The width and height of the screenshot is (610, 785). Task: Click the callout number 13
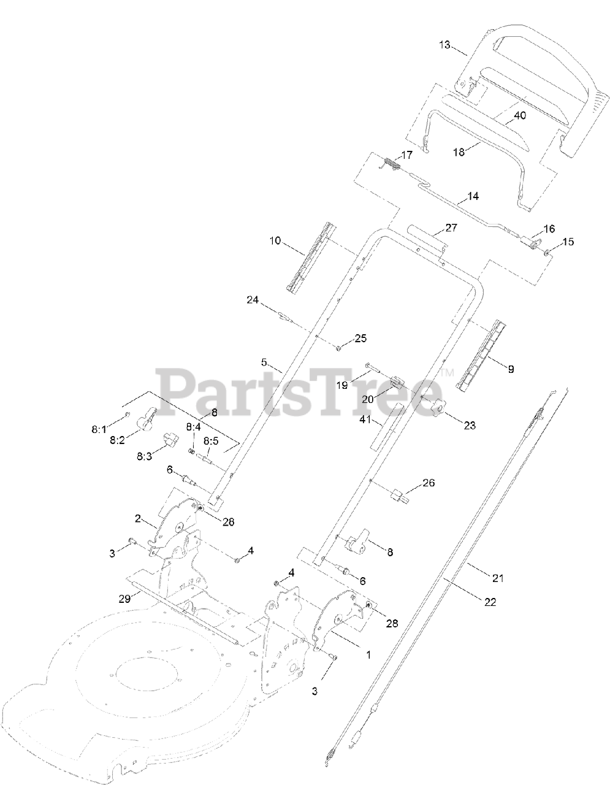(444, 45)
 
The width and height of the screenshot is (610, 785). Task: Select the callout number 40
(519, 115)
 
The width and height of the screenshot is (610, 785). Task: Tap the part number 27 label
(451, 228)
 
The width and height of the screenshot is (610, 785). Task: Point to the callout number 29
(124, 599)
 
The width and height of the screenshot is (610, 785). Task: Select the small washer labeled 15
(546, 250)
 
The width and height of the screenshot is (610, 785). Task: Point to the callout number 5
(265, 362)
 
